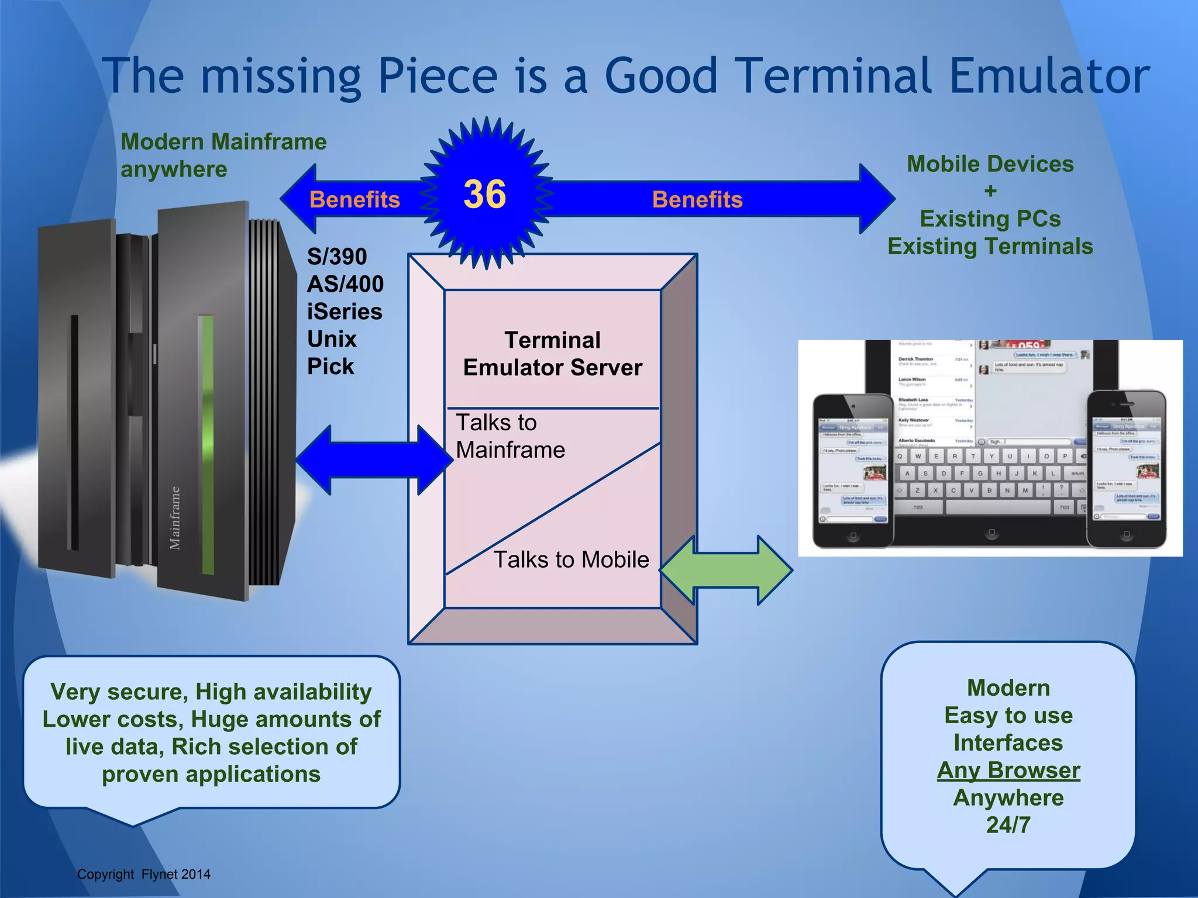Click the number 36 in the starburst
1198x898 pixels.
484,194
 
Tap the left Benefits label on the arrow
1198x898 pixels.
354,200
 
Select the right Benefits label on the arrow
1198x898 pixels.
697,200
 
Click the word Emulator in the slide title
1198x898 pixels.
1049,76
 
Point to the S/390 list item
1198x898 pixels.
337,257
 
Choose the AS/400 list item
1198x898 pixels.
345,284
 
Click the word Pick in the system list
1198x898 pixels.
331,367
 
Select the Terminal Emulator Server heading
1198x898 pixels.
553,354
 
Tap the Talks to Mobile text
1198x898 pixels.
571,559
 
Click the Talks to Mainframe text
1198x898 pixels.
510,436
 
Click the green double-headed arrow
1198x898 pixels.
727,570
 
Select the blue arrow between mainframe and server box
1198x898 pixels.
374,460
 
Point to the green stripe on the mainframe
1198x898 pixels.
207,444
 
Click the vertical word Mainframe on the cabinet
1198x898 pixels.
175,518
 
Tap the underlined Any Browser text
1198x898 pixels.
1008,771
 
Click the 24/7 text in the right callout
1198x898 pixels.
1008,825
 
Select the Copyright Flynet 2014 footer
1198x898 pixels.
143,874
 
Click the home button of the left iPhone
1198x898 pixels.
853,536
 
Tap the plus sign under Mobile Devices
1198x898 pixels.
990,191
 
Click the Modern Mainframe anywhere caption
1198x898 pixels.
223,156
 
